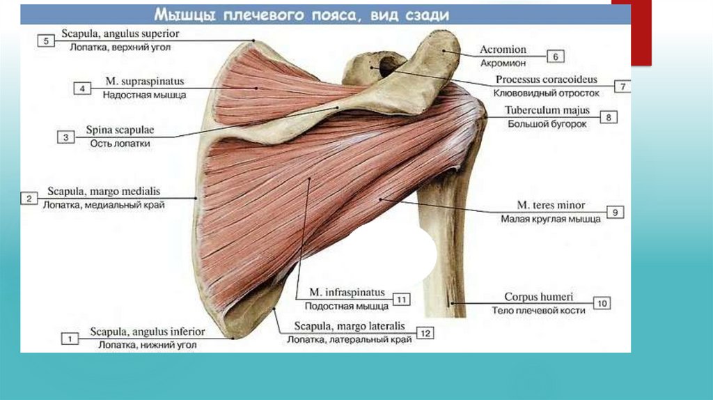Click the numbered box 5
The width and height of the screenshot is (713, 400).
[46, 41]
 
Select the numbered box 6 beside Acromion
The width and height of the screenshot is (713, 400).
[556, 56]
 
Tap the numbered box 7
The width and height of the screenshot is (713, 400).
[622, 86]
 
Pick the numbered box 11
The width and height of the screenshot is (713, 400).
[402, 299]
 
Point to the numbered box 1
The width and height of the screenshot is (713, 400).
[70, 339]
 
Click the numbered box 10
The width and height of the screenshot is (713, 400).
[602, 303]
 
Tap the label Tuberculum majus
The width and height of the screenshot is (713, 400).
[547, 111]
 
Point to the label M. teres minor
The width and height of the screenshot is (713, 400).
[551, 205]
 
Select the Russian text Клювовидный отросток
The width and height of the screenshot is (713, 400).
[546, 92]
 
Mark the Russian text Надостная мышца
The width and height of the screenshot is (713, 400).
[145, 95]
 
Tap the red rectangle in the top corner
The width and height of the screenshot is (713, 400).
[641, 35]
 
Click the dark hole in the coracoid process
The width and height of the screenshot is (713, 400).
[385, 66]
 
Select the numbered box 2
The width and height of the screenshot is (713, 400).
[29, 199]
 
